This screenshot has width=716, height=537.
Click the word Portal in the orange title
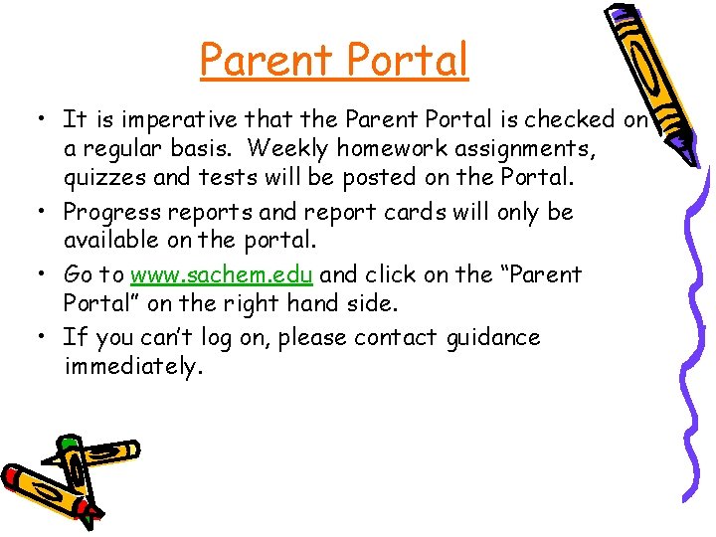pos(408,60)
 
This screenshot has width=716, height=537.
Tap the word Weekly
pos(282,149)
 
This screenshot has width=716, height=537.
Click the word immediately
pos(132,367)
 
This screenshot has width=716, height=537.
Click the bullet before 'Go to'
pos(44,273)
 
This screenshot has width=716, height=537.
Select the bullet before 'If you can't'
pos(44,337)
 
